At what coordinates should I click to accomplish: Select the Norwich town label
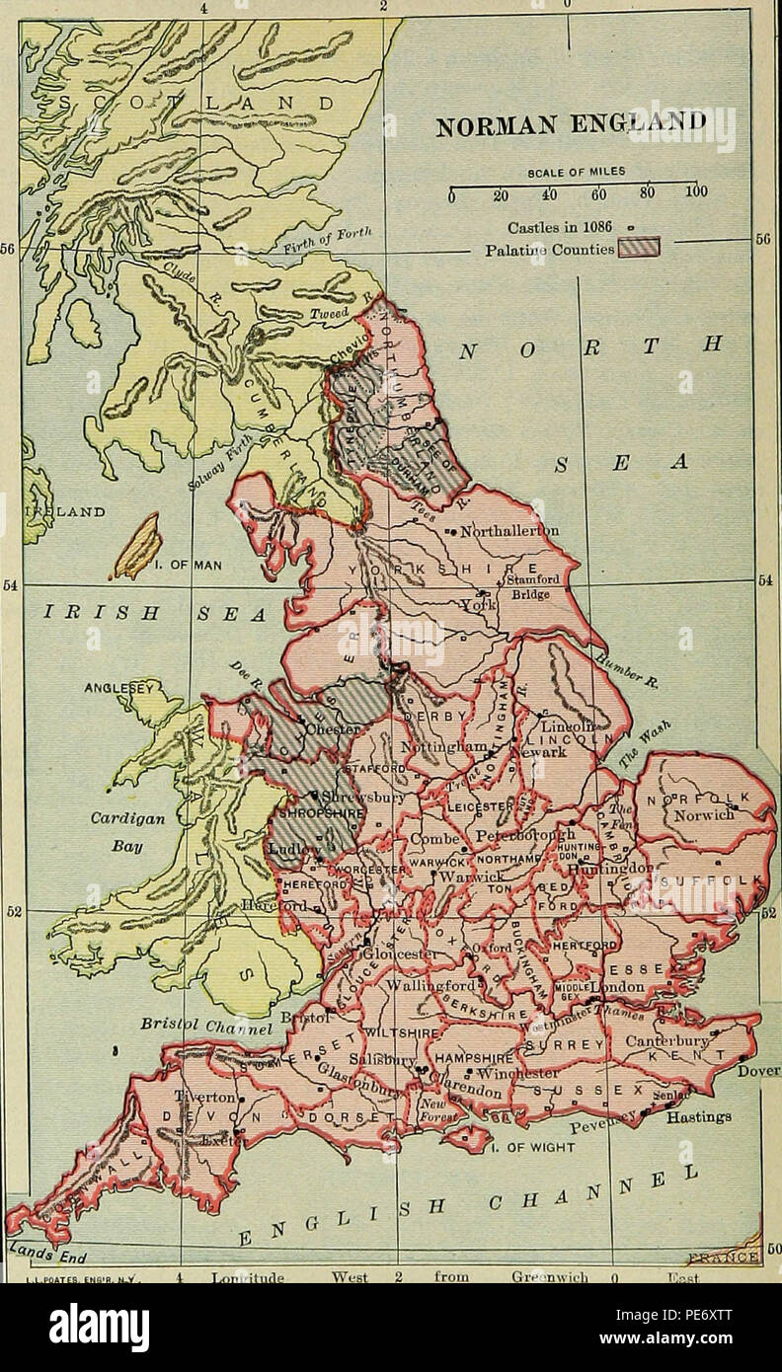pos(703,815)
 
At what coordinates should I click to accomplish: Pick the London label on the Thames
pos(617,988)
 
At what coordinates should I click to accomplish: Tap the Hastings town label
pos(698,1117)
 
